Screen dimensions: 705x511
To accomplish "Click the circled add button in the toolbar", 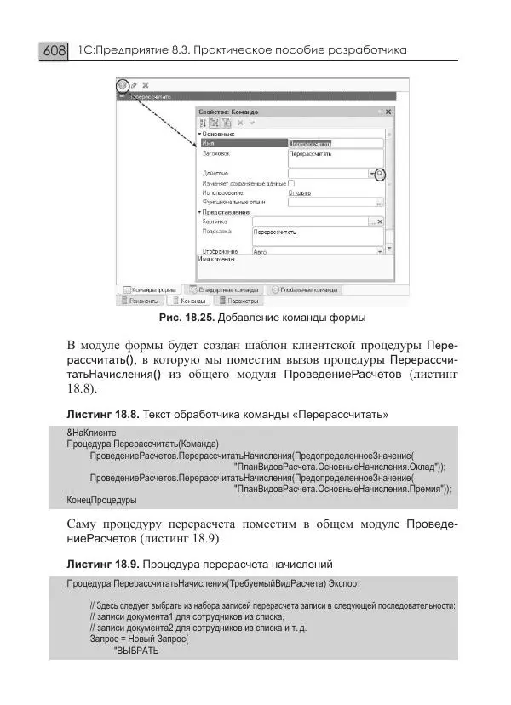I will point(123,85).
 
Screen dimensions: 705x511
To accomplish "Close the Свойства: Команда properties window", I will point(388,112).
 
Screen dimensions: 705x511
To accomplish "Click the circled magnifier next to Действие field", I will point(381,174).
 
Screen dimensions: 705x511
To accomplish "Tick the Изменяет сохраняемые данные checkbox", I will point(291,183).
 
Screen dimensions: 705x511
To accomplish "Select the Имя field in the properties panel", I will point(332,144).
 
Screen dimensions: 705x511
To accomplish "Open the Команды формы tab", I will point(154,289).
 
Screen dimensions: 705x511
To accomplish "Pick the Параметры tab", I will point(239,301).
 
